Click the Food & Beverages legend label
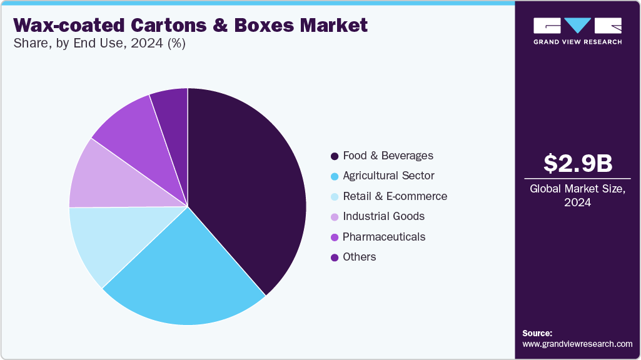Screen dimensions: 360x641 pos(388,156)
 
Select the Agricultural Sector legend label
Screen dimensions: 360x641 pos(388,176)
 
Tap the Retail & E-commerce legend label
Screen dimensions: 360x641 pos(395,196)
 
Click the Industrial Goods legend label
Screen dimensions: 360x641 pos(383,216)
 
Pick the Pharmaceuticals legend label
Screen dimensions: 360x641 pos(384,237)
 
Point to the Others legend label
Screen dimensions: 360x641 pos(360,257)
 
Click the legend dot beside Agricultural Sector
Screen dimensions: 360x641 pos(335,176)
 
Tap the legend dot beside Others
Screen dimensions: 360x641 pos(335,257)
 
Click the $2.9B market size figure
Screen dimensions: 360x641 pos(577,163)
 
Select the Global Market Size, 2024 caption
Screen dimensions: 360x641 pos(577,196)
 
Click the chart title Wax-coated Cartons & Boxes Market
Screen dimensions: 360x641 pos(190,26)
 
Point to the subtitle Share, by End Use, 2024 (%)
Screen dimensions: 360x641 pos(99,44)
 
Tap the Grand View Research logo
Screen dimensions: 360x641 pos(577,31)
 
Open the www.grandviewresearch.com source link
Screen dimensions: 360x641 pos(577,344)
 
